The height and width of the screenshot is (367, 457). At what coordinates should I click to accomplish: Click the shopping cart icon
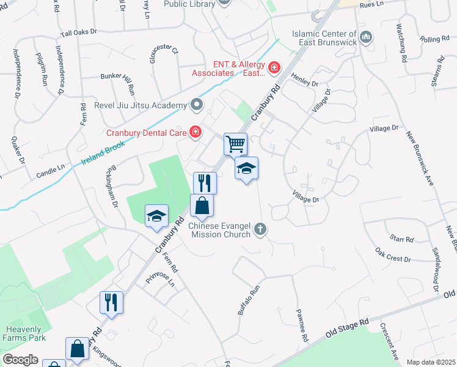pos(235,144)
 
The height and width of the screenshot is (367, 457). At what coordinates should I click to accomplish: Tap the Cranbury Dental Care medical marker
pos(196,132)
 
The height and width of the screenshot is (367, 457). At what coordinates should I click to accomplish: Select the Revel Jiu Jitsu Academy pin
pos(197,105)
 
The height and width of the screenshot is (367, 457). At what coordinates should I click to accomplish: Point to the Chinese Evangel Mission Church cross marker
pos(261,230)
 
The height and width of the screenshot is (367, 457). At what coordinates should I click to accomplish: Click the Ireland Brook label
pos(103,154)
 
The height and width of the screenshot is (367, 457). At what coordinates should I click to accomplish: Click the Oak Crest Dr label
pos(393,255)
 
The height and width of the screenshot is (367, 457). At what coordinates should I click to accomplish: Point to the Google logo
pos(20,360)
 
